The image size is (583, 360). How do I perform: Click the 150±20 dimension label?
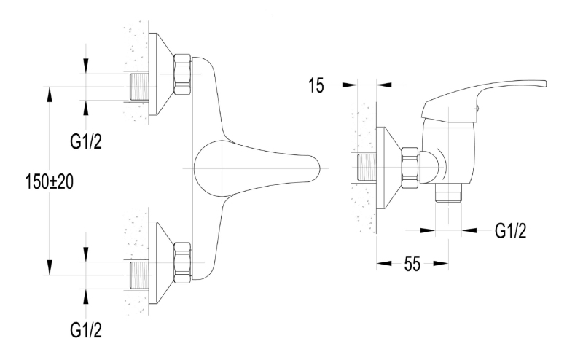[x=50, y=182]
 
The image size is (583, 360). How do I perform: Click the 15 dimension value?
[x=316, y=85]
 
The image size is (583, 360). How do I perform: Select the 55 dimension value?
[x=412, y=264]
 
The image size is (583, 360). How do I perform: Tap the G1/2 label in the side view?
[x=511, y=231]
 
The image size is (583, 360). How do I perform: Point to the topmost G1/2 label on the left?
[x=86, y=141]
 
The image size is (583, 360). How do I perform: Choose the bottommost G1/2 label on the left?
[x=86, y=330]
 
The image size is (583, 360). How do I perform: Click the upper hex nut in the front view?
[x=183, y=75]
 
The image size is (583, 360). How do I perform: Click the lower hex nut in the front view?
[x=183, y=264]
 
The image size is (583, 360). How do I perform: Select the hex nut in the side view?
[x=410, y=168]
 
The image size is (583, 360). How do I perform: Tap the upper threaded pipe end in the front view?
[x=139, y=87]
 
